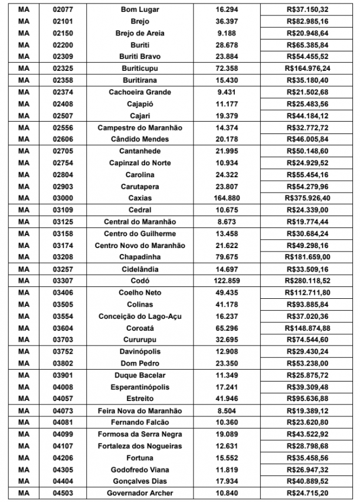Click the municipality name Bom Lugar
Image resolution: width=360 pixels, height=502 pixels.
click(140, 10)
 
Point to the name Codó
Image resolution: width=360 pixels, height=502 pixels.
click(140, 281)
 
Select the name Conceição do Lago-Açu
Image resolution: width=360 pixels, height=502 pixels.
click(140, 316)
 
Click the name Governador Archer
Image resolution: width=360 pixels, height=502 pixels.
click(140, 493)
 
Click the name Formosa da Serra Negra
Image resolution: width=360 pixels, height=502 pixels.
click(140, 434)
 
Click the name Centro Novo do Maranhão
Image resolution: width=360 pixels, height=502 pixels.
click(140, 245)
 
